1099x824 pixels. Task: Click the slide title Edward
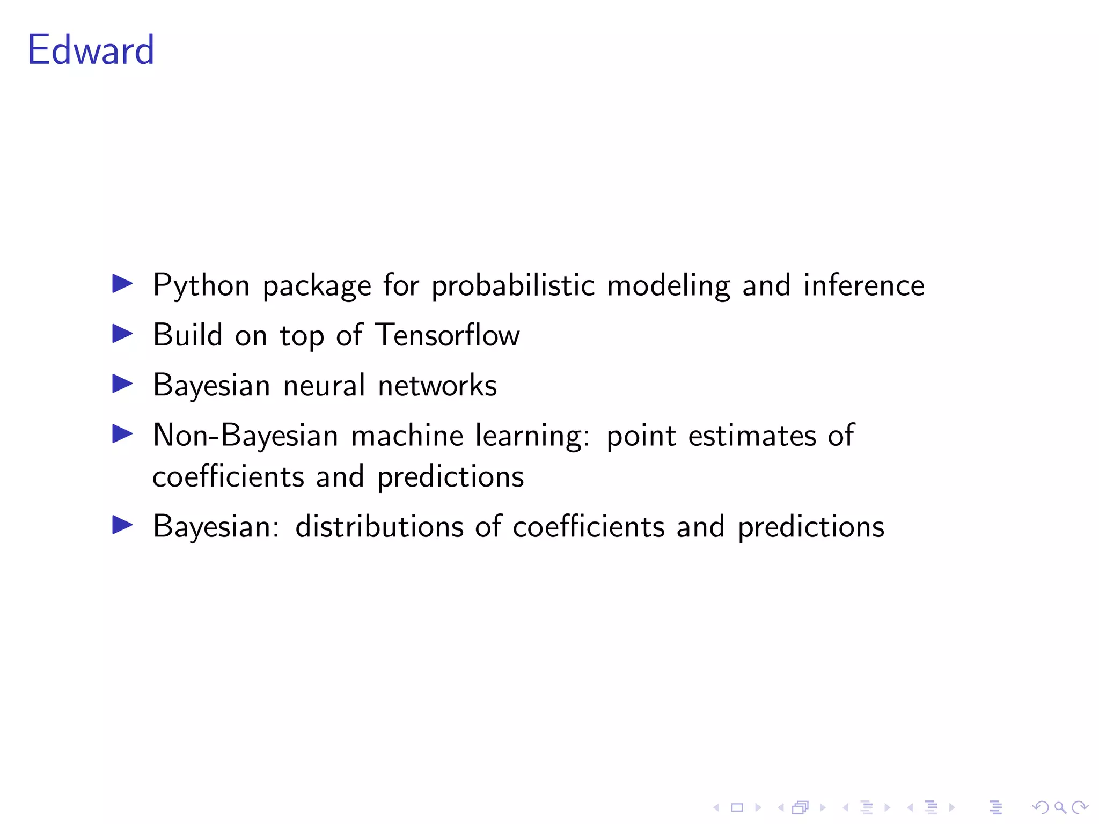click(x=91, y=50)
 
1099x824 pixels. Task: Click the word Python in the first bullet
click(x=201, y=285)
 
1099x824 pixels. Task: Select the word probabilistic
click(x=513, y=285)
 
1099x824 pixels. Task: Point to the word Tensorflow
click(x=447, y=335)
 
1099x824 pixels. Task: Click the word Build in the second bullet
click(x=187, y=335)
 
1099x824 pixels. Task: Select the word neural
click(x=324, y=385)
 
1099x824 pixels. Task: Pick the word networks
click(x=437, y=385)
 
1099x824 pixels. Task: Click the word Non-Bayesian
click(x=245, y=435)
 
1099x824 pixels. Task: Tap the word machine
click(x=407, y=435)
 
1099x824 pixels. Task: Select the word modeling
click(x=668, y=285)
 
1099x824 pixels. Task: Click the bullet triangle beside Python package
click(x=122, y=284)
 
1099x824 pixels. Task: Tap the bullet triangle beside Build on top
click(x=122, y=334)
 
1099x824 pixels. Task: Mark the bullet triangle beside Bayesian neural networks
click(x=122, y=384)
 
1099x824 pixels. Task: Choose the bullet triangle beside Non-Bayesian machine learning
click(x=122, y=433)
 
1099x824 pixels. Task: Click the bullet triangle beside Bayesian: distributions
click(x=122, y=525)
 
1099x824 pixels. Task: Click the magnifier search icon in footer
click(x=1060, y=807)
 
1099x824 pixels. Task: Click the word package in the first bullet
click(x=317, y=285)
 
